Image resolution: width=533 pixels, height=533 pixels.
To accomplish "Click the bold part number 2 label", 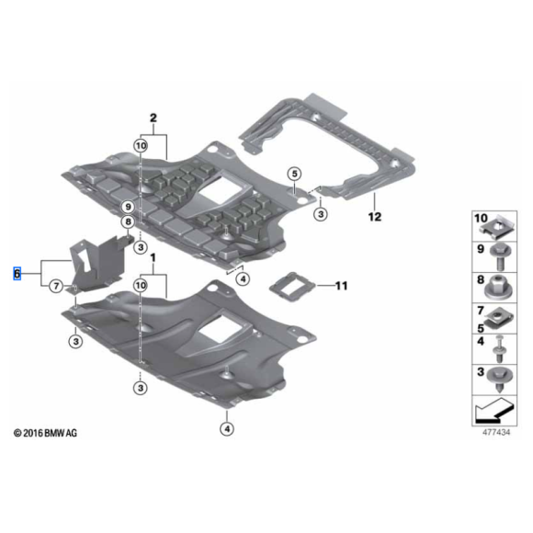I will pyautogui.click(x=153, y=118).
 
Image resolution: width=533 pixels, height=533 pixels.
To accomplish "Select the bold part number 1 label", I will pyautogui.click(x=153, y=261).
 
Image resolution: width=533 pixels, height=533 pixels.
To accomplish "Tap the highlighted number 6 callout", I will pyautogui.click(x=16, y=274).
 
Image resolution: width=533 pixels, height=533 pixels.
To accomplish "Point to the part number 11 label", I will pyautogui.click(x=342, y=287).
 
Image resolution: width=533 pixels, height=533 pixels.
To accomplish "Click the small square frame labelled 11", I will pyautogui.click(x=295, y=285).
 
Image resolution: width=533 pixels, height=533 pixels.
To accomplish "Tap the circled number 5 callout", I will pyautogui.click(x=293, y=174).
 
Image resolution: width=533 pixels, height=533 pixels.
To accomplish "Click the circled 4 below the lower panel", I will pyautogui.click(x=226, y=427).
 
